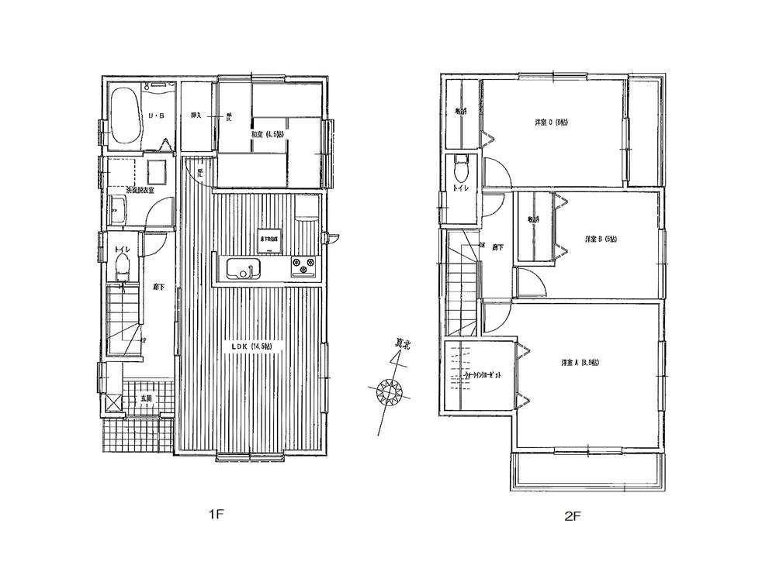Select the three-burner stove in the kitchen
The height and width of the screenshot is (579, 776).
click(x=304, y=267)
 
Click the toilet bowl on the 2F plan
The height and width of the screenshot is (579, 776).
click(x=461, y=165)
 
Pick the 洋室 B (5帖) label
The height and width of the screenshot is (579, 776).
click(x=595, y=240)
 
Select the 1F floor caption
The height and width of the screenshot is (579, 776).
click(x=216, y=514)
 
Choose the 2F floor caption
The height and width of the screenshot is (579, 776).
click(x=570, y=514)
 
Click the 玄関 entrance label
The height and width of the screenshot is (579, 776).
click(x=146, y=398)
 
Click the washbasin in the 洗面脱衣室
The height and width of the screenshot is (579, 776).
click(x=120, y=210)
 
